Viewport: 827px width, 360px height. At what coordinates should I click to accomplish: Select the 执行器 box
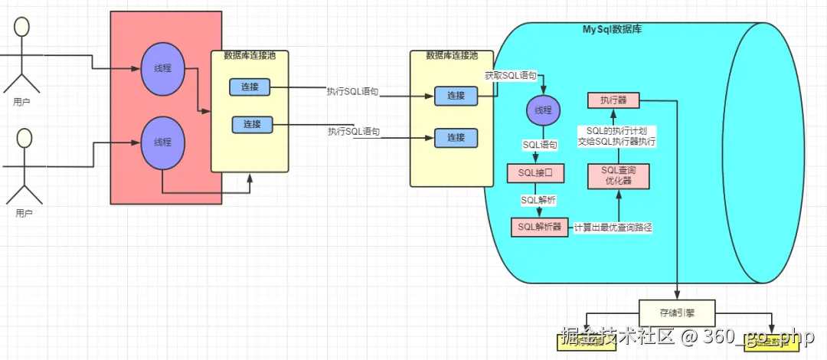[613, 100]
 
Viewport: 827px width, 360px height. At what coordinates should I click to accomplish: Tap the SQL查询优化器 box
[618, 176]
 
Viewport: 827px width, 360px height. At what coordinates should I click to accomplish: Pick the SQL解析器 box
[540, 227]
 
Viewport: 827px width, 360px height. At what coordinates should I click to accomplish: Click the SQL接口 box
[535, 173]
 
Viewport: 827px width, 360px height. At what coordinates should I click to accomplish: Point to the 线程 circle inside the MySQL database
[543, 110]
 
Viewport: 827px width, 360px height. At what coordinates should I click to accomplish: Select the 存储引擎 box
[677, 313]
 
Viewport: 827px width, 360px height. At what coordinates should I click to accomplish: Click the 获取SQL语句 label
[511, 77]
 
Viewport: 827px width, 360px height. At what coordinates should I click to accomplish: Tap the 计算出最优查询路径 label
[613, 227]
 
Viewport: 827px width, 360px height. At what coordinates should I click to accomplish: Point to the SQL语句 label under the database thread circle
[540, 144]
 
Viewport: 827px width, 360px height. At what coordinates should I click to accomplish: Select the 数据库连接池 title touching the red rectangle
[250, 55]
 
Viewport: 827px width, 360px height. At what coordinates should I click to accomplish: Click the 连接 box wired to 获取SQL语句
[456, 96]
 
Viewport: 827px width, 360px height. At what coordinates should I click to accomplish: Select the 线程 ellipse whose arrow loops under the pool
[162, 142]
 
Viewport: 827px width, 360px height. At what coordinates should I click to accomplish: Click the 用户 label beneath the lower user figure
[24, 213]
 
